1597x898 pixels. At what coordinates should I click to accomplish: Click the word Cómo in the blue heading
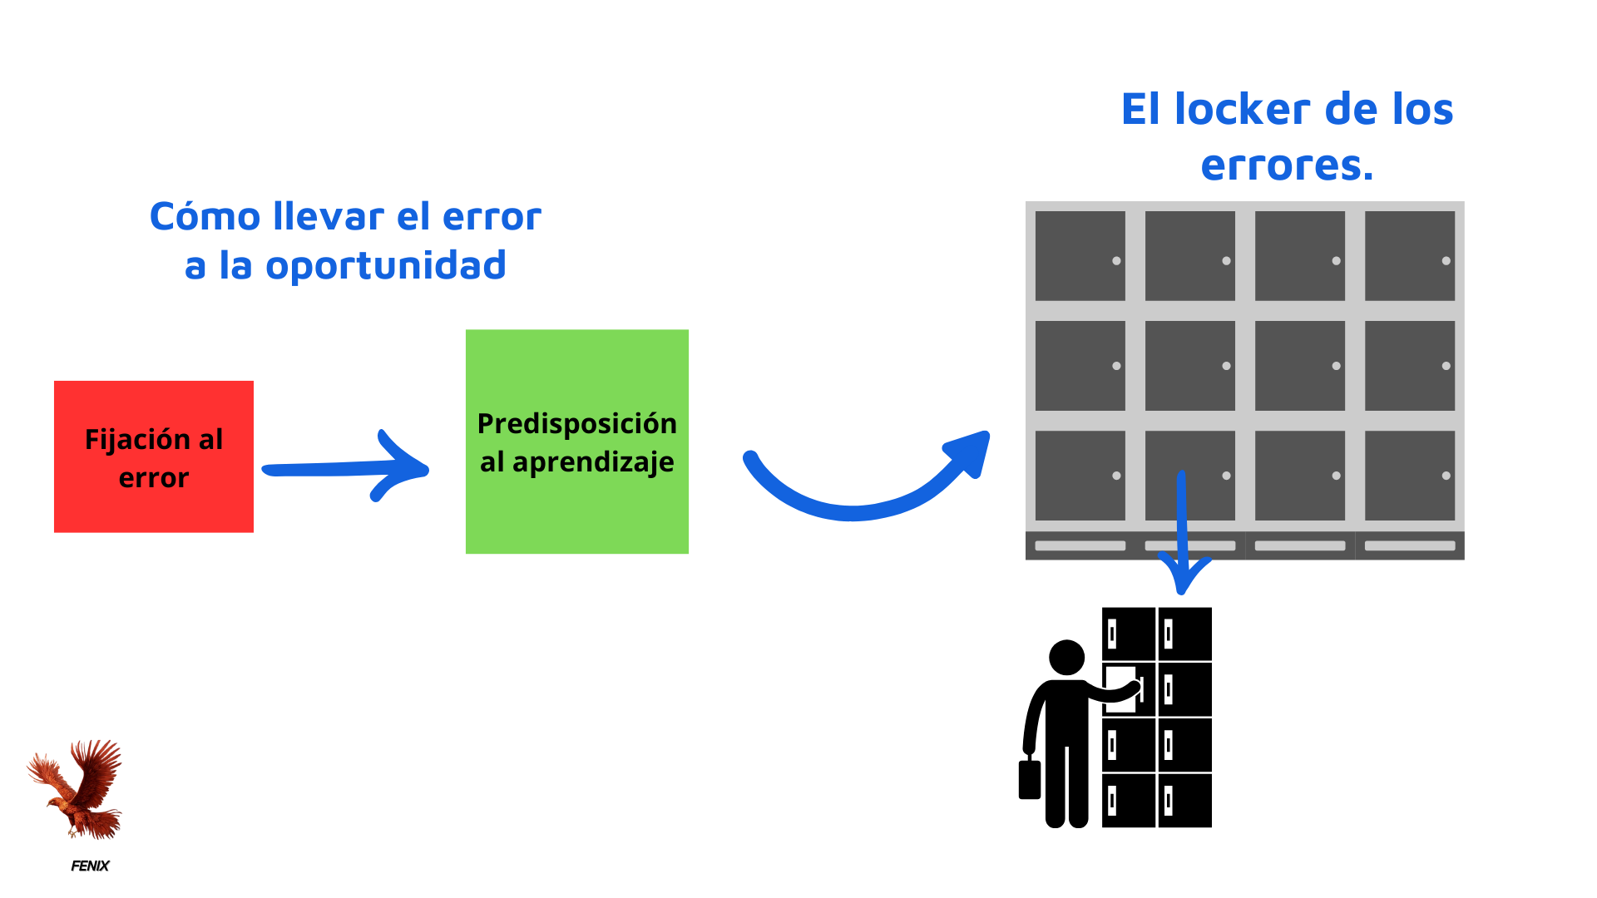point(205,217)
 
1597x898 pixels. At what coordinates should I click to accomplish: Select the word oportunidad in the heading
point(385,266)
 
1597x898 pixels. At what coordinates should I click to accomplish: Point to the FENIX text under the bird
point(90,866)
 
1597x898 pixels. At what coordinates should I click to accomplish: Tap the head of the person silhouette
point(1066,657)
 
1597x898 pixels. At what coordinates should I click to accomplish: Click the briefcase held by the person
point(1030,779)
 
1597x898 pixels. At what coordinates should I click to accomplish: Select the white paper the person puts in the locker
point(1120,688)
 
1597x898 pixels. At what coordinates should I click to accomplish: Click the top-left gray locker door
point(1080,255)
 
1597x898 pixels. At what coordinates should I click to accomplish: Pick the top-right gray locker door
point(1409,255)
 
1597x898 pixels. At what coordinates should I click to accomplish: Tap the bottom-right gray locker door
point(1409,475)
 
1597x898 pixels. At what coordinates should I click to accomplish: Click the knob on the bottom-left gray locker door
point(1116,476)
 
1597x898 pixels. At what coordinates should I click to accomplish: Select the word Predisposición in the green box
point(576,424)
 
